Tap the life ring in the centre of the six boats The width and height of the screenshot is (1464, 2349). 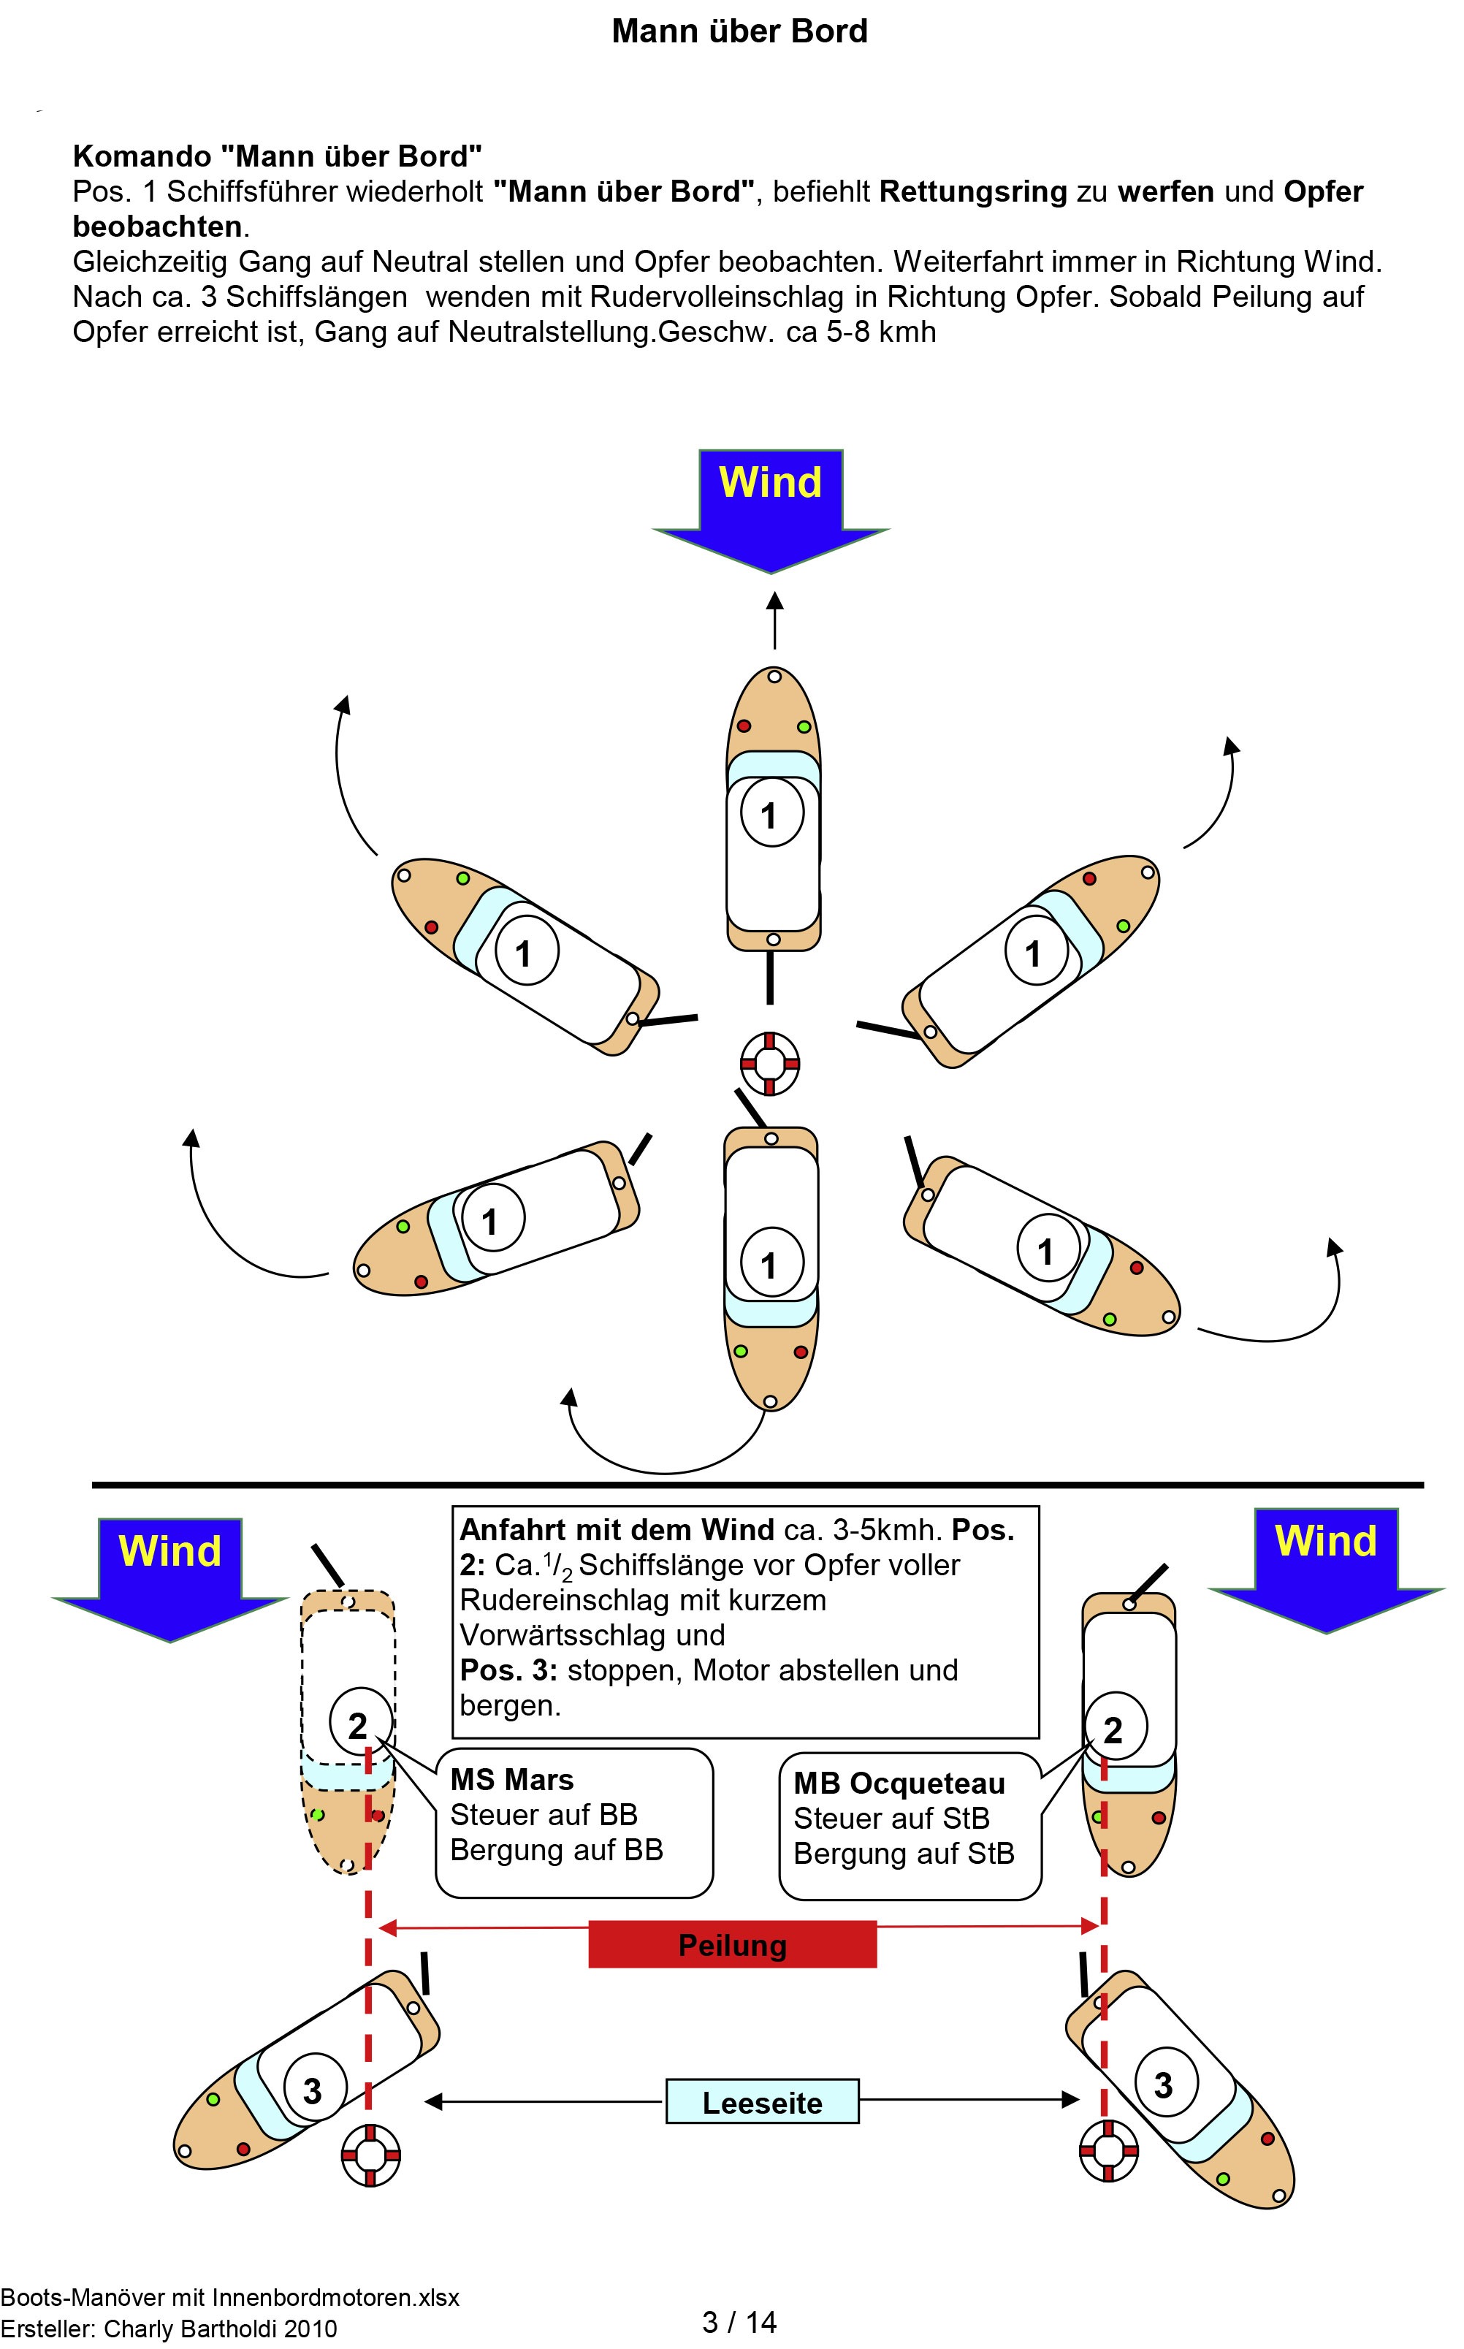point(770,1062)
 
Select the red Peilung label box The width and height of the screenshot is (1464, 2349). point(732,1944)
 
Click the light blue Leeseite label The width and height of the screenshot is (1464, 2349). point(762,2102)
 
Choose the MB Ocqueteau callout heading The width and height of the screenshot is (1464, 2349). point(899,1783)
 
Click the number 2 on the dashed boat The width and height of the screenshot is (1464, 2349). point(358,1726)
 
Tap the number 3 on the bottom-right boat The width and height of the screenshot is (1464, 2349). point(1163,2085)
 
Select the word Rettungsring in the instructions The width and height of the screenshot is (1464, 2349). point(972,191)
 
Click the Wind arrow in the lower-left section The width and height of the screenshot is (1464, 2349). point(169,1568)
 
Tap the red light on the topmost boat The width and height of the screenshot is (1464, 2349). point(744,726)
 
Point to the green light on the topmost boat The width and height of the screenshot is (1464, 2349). point(803,726)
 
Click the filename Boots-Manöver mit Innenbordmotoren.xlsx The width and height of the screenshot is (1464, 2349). point(229,2296)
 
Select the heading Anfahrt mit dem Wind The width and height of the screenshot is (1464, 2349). point(617,1530)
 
